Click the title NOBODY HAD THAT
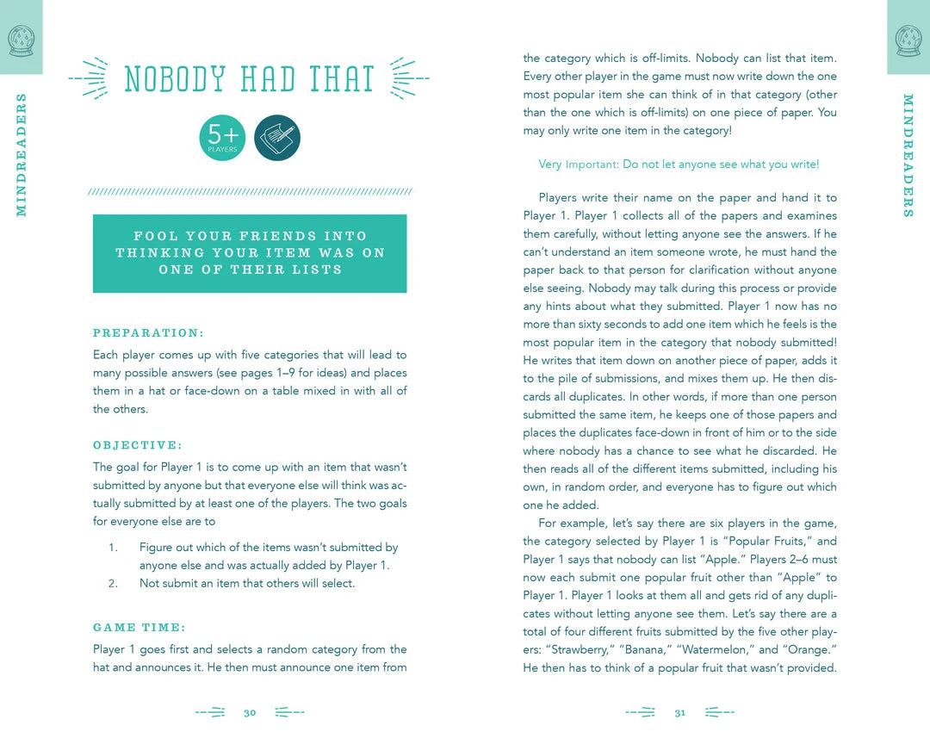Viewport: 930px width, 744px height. click(x=249, y=79)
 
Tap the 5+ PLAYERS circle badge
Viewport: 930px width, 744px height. click(x=222, y=138)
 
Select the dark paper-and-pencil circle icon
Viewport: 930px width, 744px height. click(x=277, y=138)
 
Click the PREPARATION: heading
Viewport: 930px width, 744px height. click(x=148, y=332)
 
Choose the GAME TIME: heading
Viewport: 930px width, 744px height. click(x=139, y=627)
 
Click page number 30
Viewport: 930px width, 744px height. click(x=250, y=713)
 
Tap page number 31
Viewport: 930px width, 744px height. click(x=679, y=713)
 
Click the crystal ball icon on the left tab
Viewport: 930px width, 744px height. click(x=20, y=39)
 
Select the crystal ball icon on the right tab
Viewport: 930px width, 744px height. click(x=908, y=39)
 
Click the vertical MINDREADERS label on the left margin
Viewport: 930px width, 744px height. click(x=22, y=154)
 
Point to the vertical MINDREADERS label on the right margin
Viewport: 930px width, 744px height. click(x=908, y=154)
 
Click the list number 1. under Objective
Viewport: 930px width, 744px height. click(x=113, y=548)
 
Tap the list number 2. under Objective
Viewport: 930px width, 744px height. click(x=113, y=583)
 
